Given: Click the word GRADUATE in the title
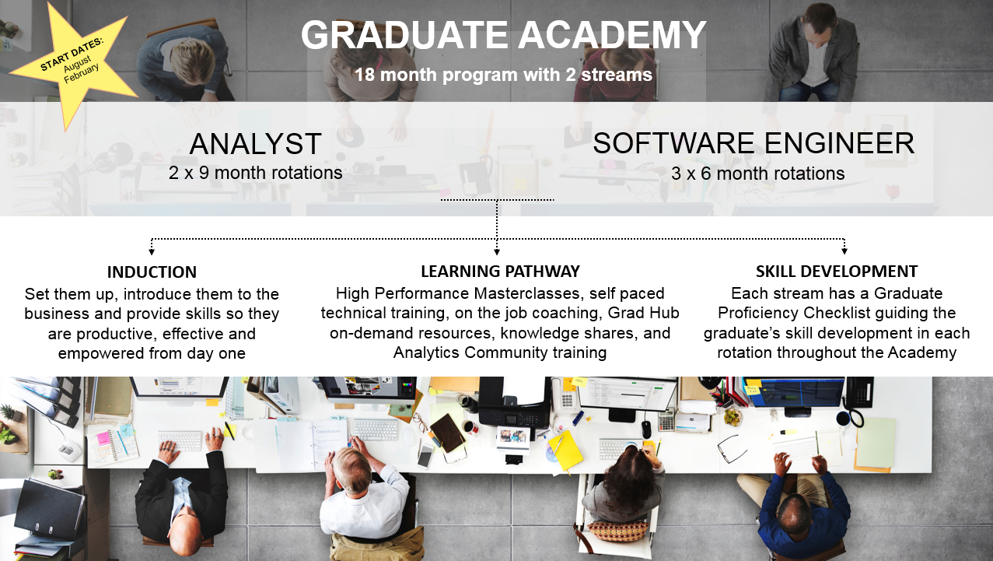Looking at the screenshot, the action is (404, 35).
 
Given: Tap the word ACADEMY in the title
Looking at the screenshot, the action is (612, 35).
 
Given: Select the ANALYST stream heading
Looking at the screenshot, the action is (255, 144).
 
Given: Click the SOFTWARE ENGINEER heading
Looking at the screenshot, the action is (753, 143).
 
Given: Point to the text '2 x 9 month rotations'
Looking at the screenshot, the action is (255, 173).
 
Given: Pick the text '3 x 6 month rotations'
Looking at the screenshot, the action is (757, 174).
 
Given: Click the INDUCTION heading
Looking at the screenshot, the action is (152, 272).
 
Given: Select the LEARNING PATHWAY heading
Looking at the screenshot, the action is (500, 271).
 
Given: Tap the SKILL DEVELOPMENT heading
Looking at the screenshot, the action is (837, 271).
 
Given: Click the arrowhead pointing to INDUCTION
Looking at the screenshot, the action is (152, 252).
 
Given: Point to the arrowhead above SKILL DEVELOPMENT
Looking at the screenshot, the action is (844, 251).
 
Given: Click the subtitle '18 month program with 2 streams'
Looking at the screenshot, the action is (504, 75).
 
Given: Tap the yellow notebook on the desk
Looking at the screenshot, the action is (565, 450).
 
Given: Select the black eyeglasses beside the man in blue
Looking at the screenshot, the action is (732, 448).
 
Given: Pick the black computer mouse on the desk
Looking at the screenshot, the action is (647, 430).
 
